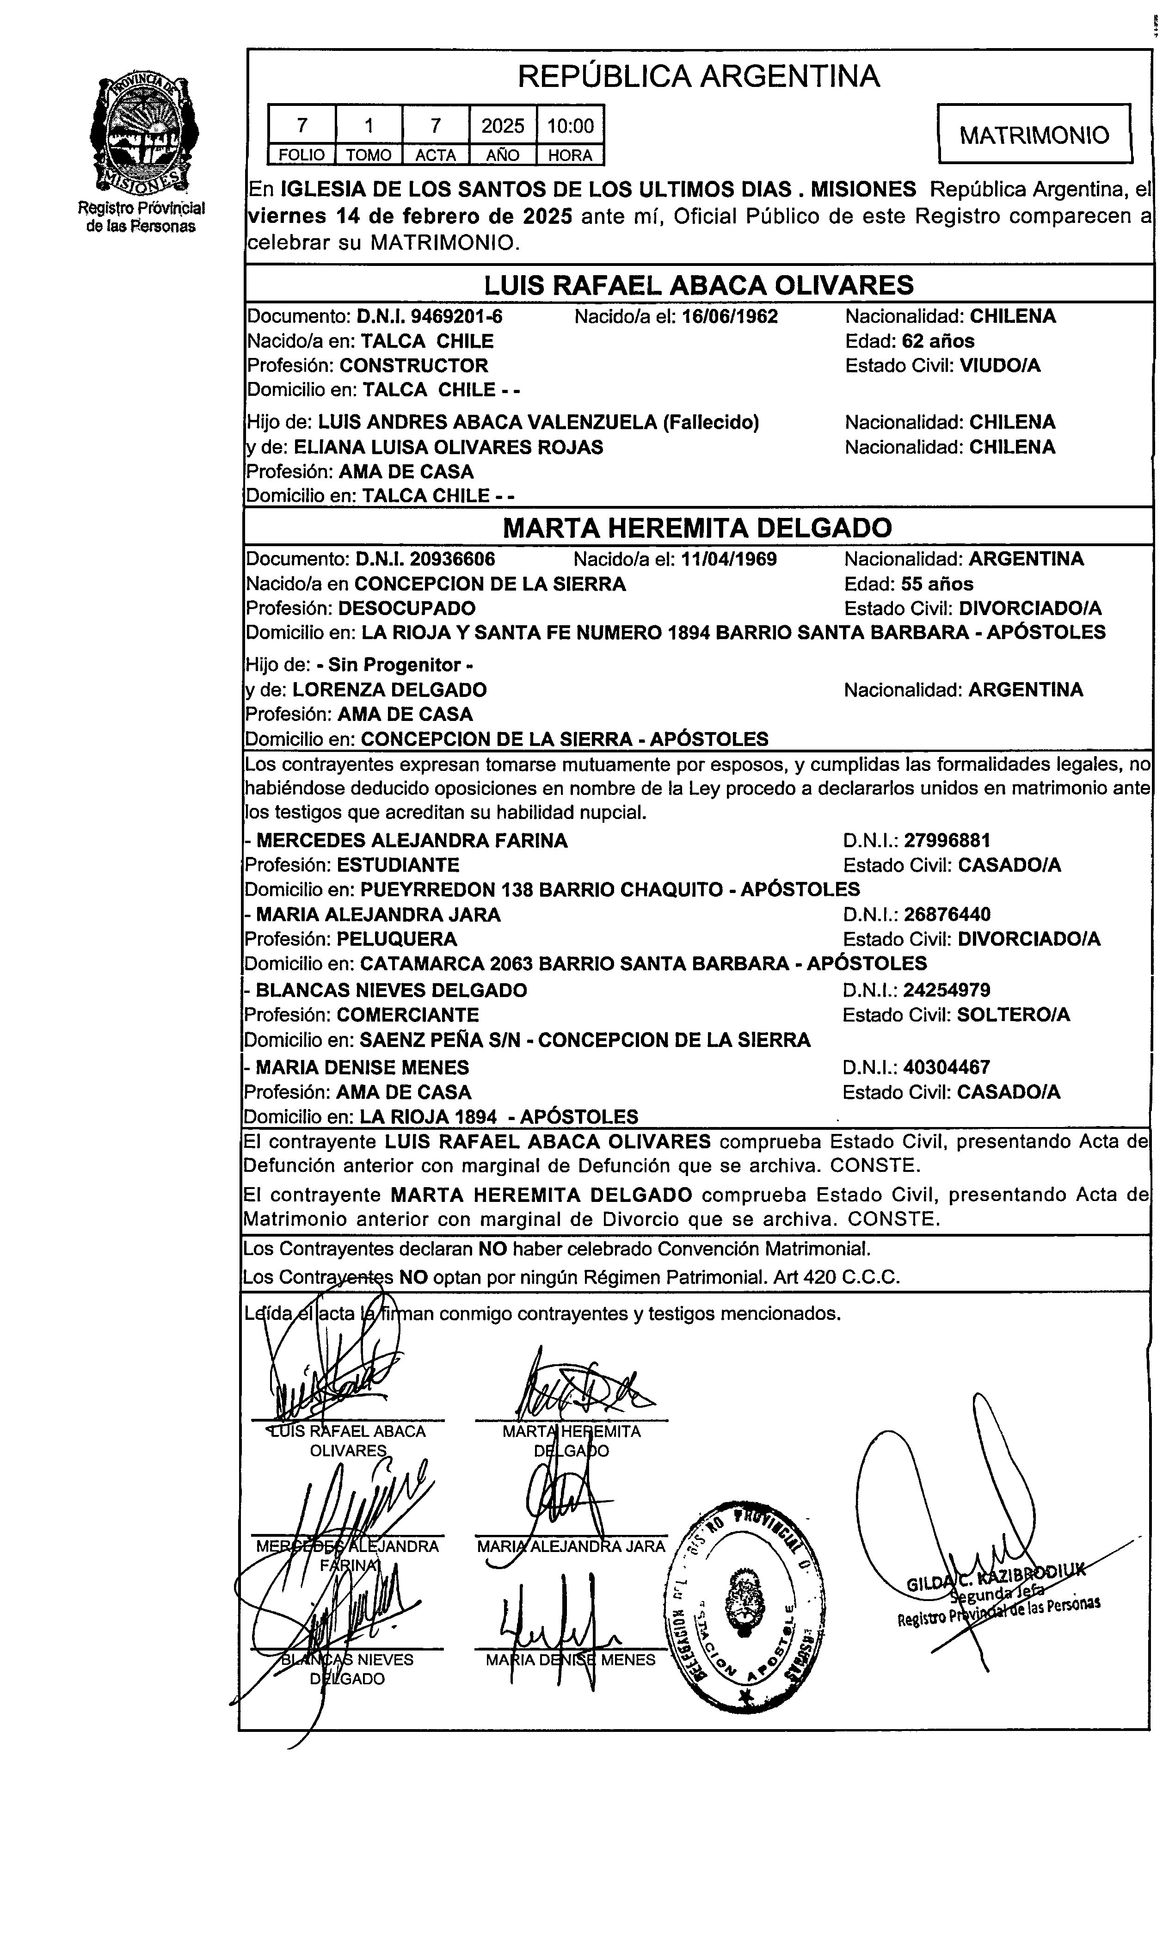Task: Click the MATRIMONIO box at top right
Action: pos(1034,135)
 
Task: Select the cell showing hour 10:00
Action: pos(570,126)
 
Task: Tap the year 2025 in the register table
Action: pos(502,126)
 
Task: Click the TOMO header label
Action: pos(369,155)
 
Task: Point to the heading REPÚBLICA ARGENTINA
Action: pos(698,76)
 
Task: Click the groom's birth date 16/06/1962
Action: pos(730,316)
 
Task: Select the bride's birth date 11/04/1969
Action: pos(729,559)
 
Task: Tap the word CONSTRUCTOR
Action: pos(413,365)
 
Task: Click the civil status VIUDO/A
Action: pos(1000,365)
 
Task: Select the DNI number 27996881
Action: pos(947,840)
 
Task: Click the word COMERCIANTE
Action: pos(408,1014)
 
